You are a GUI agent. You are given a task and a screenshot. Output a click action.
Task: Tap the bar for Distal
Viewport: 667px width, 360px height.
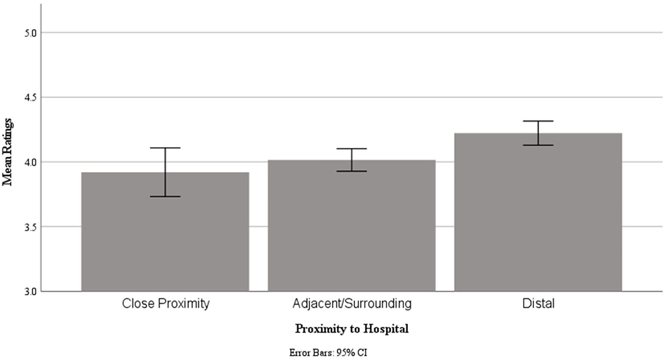538,215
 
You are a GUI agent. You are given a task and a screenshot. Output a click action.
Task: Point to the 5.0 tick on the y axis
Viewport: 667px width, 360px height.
30,33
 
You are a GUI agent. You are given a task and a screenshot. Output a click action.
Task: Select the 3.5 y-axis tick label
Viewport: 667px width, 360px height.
30,227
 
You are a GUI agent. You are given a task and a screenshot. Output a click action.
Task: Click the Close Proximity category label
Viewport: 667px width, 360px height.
166,304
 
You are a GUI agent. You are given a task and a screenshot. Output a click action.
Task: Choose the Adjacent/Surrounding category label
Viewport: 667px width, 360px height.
352,304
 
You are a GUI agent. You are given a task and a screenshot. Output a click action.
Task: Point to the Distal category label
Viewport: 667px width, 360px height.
538,304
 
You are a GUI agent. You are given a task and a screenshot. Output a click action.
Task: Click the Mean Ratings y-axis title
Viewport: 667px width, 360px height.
8,152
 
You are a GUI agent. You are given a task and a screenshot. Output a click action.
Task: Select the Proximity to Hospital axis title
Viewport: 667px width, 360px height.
352,329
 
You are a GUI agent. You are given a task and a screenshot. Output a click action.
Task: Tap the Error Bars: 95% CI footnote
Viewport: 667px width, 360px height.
328,353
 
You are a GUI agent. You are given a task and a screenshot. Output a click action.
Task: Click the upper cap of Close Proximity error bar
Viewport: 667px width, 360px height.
165,148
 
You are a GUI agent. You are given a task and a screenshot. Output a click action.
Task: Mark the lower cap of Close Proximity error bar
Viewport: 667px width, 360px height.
165,197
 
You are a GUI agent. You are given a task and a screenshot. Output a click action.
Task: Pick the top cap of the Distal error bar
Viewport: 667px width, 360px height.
538,121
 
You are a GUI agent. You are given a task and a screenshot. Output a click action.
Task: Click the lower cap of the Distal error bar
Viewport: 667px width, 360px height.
538,145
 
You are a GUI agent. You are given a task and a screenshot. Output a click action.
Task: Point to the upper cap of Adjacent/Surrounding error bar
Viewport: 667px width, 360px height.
352,149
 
